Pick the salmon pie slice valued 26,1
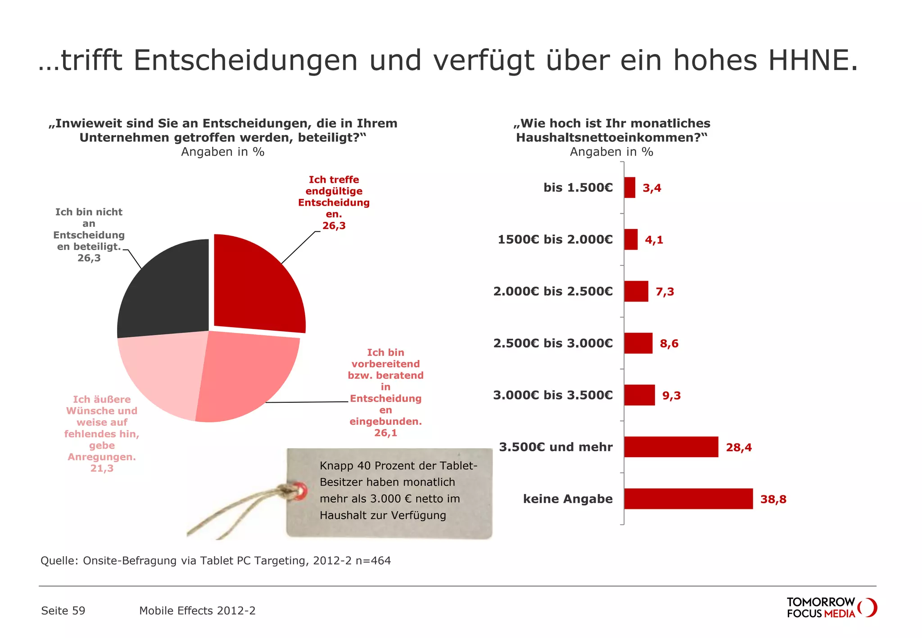[x=243, y=376]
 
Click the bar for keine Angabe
[x=688, y=499]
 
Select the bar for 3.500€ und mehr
[x=671, y=447]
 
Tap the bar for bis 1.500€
[x=629, y=188]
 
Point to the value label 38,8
[x=773, y=499]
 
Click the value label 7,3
[x=664, y=292]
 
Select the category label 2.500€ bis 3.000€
[x=553, y=343]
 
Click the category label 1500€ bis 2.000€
[x=555, y=239]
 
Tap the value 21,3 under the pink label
[x=102, y=468]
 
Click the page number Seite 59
[x=63, y=611]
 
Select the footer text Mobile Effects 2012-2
[x=197, y=611]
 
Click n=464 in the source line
[x=373, y=561]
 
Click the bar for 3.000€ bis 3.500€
[x=639, y=395]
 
